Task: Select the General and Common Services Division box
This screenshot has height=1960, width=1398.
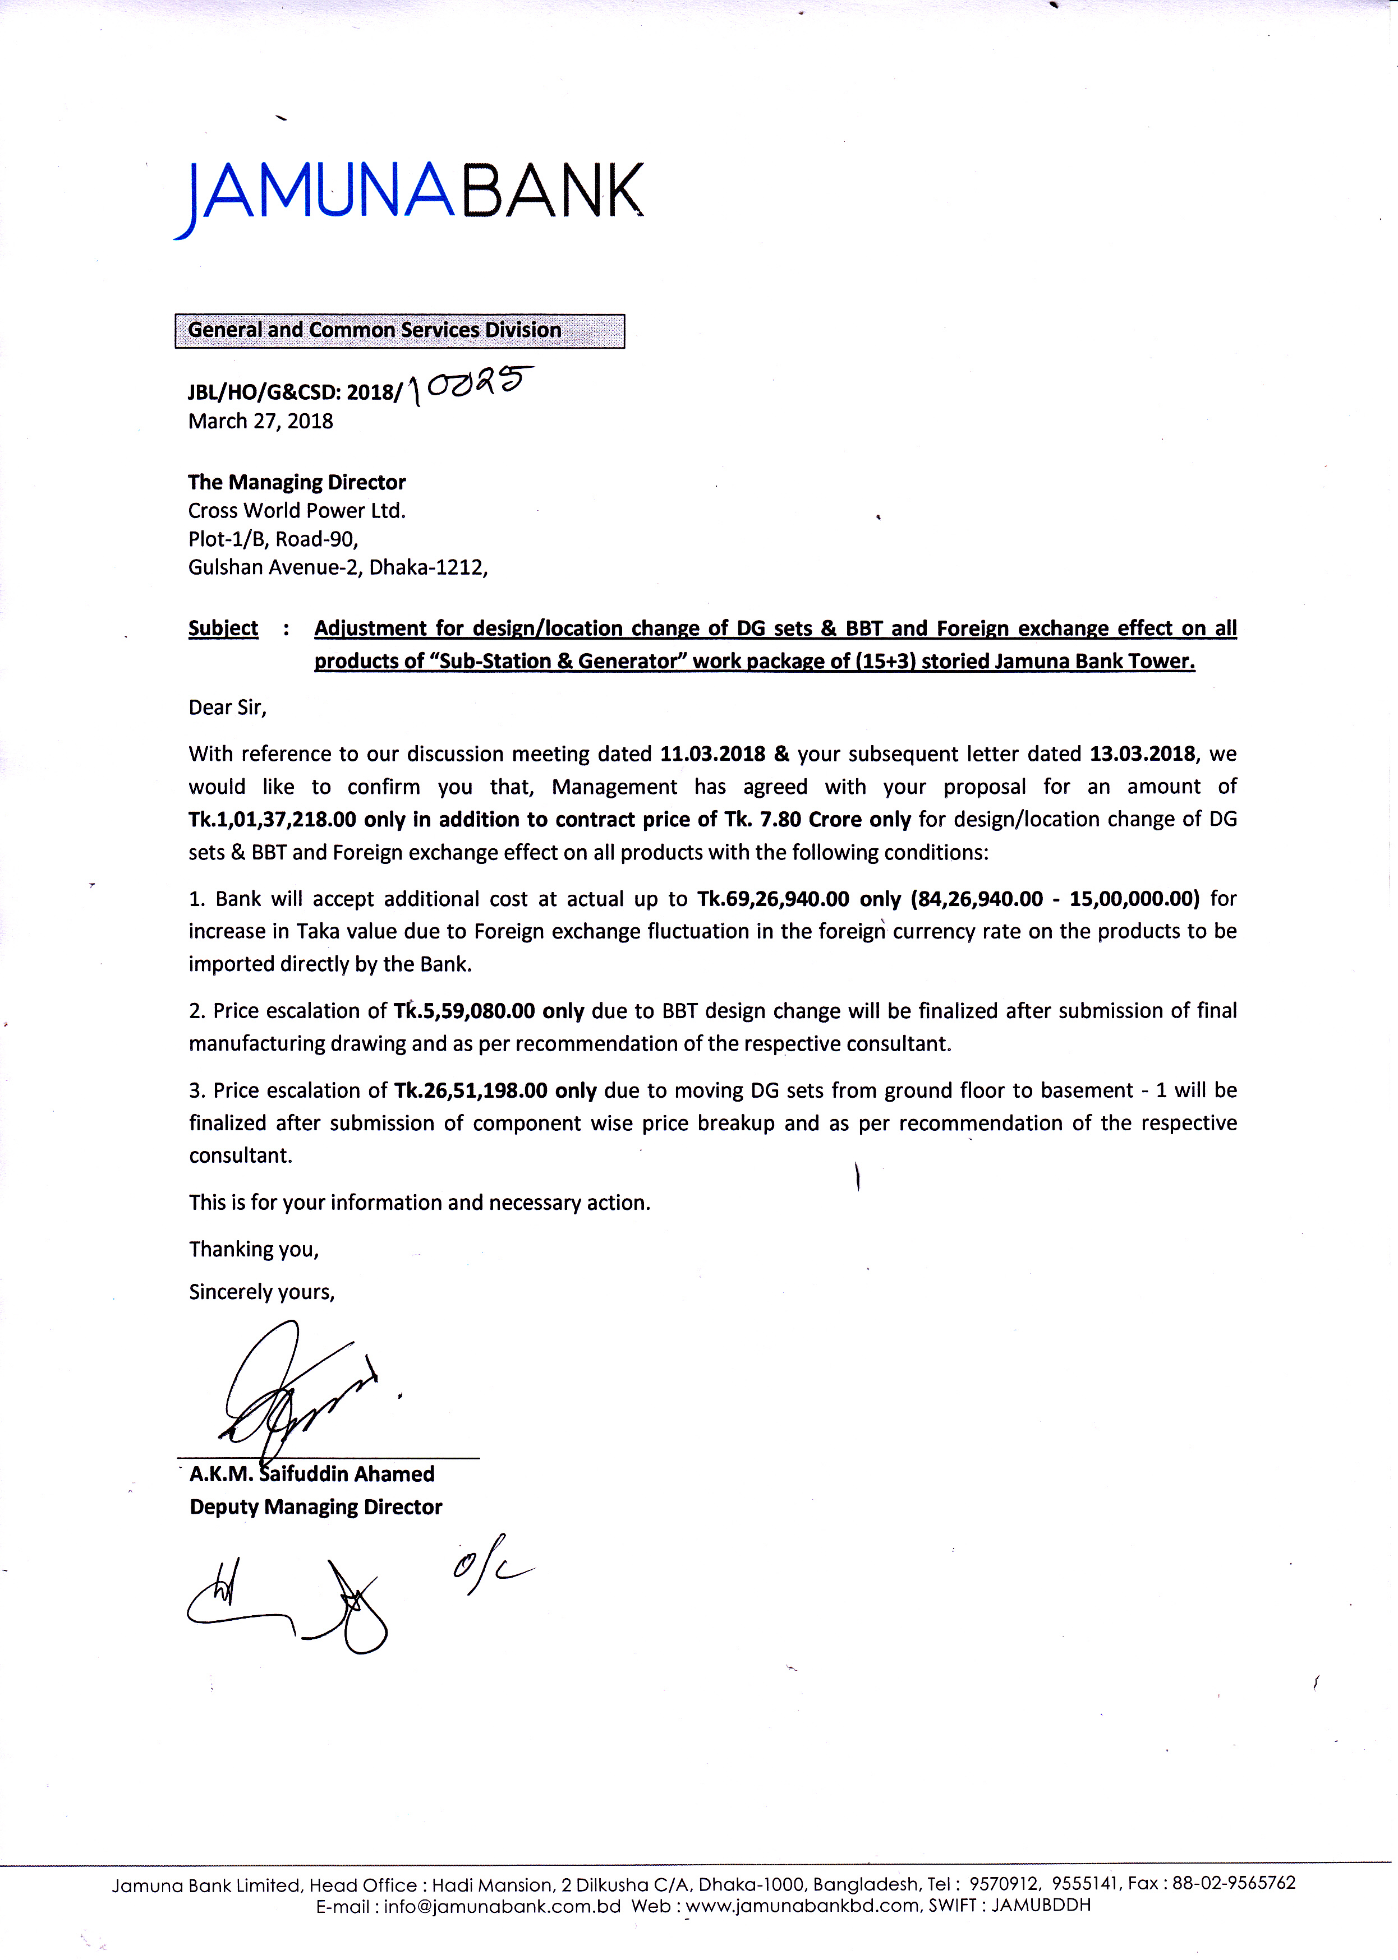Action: coord(399,330)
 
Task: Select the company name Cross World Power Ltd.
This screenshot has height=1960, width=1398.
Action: coord(297,511)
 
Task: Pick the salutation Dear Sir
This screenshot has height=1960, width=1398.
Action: coord(227,708)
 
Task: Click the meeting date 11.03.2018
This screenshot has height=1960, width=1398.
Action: coord(713,755)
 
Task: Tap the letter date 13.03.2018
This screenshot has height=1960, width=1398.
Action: coord(1142,755)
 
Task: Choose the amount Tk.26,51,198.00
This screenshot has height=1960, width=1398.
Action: coord(471,1091)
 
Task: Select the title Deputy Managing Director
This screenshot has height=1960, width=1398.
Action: coord(316,1508)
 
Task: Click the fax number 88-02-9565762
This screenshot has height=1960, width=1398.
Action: coord(1234,1883)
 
